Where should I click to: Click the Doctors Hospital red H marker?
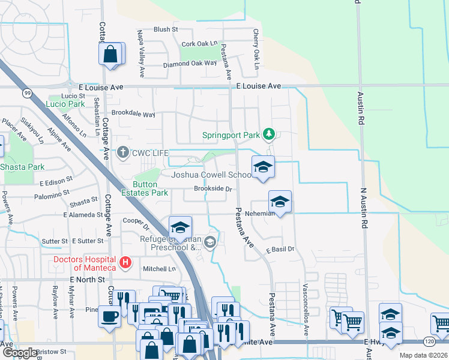tap(125, 262)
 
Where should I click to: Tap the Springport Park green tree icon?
tap(270, 133)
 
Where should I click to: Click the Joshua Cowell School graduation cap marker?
tap(262, 167)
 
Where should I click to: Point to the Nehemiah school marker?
tap(280, 202)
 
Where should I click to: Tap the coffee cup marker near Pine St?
tap(109, 316)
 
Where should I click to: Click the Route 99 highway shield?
tap(28, 93)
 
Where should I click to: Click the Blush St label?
tap(166, 29)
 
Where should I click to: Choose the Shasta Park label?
tap(23, 166)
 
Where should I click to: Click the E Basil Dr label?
tap(281, 249)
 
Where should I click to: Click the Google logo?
tap(19, 353)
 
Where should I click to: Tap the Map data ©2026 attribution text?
tap(423, 355)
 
